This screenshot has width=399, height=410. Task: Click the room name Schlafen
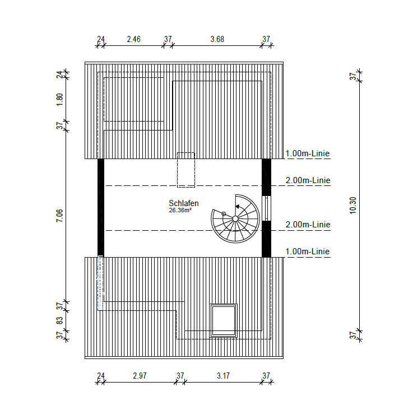[183, 203]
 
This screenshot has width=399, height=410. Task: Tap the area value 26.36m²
[181, 211]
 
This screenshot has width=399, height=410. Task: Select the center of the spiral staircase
[235, 218]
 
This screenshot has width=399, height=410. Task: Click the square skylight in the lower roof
[224, 320]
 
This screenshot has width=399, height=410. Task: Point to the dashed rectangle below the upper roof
[185, 170]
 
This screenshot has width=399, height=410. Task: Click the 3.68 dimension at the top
[217, 39]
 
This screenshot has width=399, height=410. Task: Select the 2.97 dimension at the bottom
[140, 376]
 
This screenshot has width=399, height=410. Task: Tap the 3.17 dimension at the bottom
[223, 376]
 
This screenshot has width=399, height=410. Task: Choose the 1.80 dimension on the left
[60, 100]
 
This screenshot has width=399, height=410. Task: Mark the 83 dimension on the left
[60, 320]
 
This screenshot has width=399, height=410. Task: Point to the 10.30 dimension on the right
[352, 206]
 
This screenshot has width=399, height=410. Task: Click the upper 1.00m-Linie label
[308, 153]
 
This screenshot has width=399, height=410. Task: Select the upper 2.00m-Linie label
[308, 180]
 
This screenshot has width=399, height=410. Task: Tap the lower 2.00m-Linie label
[308, 225]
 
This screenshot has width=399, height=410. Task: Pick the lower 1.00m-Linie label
[308, 251]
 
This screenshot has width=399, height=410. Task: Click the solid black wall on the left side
[101, 207]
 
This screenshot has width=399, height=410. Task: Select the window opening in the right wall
[267, 208]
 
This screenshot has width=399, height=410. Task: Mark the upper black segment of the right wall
[267, 177]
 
